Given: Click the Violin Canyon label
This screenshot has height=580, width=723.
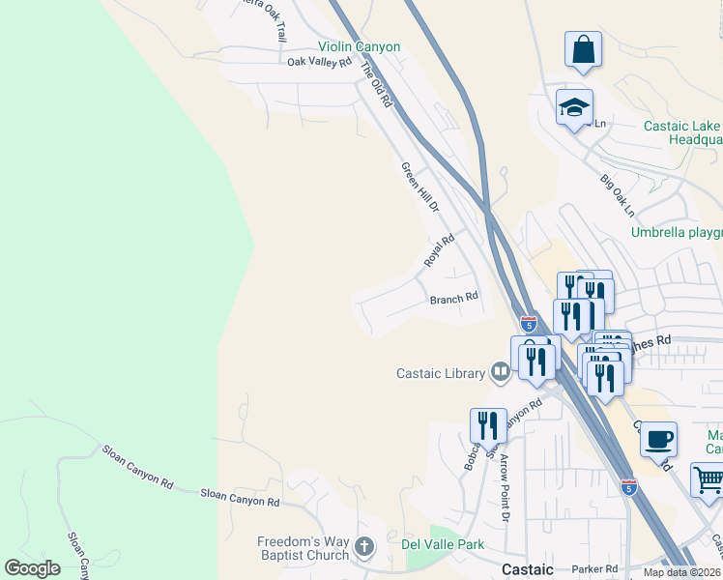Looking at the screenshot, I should pyautogui.click(x=360, y=46).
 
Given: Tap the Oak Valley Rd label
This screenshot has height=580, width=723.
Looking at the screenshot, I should pyautogui.click(x=319, y=63).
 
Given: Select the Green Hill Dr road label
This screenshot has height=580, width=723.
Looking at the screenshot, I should pyautogui.click(x=420, y=188).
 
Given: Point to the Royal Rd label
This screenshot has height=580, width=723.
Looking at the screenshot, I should pyautogui.click(x=439, y=251).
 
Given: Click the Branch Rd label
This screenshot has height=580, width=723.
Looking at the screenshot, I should pyautogui.click(x=454, y=299).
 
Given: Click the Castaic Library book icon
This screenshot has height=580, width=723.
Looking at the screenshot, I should pyautogui.click(x=500, y=372).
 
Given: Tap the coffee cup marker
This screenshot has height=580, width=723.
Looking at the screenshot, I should pyautogui.click(x=658, y=439).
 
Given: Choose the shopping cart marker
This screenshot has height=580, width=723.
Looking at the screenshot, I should pyautogui.click(x=708, y=479).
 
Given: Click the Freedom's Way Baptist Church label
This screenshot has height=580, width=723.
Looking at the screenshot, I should pyautogui.click(x=303, y=548).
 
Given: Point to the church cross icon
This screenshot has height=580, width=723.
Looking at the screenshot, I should pyautogui.click(x=364, y=548).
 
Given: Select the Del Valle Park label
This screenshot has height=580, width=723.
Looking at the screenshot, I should pyautogui.click(x=443, y=544).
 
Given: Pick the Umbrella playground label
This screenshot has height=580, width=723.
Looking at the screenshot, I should pyautogui.click(x=677, y=232).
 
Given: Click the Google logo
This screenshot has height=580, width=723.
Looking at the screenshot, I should pyautogui.click(x=32, y=568).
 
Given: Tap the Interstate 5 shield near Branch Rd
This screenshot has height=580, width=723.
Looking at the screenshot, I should pyautogui.click(x=529, y=324).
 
